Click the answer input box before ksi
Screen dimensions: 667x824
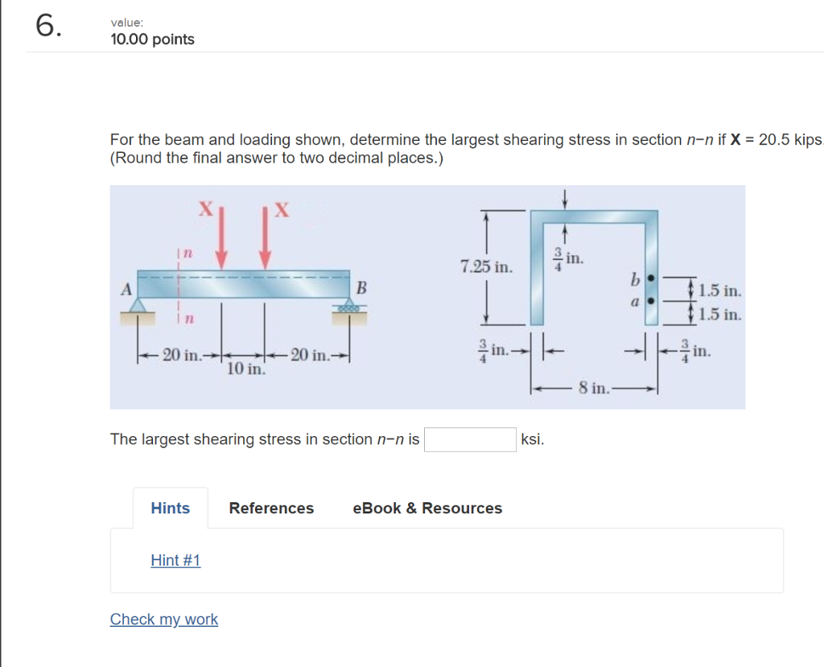click(x=470, y=439)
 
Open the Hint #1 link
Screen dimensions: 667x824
click(x=175, y=560)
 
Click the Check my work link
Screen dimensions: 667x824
click(x=164, y=619)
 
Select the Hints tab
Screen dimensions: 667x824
click(x=171, y=508)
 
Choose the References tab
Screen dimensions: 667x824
click(x=271, y=508)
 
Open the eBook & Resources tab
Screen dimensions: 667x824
click(x=427, y=508)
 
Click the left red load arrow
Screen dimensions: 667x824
click(x=223, y=241)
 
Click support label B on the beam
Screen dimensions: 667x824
click(x=361, y=287)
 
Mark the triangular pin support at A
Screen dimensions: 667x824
click(x=138, y=305)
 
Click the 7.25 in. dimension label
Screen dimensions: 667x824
click(x=486, y=266)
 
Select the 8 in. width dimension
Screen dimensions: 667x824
click(x=594, y=389)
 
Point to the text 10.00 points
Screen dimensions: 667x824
click(x=153, y=39)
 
